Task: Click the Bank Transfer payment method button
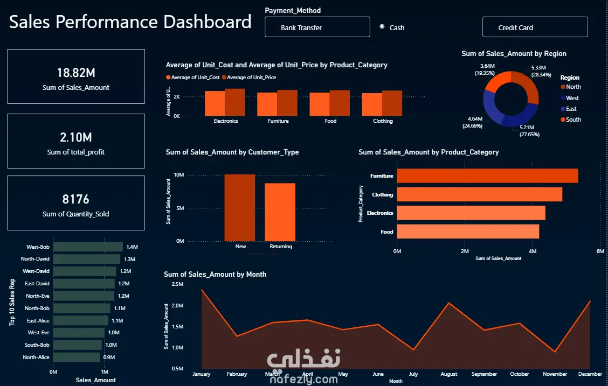pyautogui.click(x=317, y=27)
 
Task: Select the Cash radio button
pyautogui.click(x=382, y=27)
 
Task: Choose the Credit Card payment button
pyautogui.click(x=534, y=27)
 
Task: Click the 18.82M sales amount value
pyautogui.click(x=76, y=73)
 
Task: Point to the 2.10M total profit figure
pyautogui.click(x=76, y=137)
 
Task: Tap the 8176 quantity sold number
pyautogui.click(x=76, y=199)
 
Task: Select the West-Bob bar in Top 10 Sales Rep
pyautogui.click(x=88, y=247)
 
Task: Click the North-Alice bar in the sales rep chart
pyautogui.click(x=77, y=357)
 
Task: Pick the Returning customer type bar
pyautogui.click(x=280, y=212)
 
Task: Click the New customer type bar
pyautogui.click(x=240, y=208)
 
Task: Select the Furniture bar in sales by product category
pyautogui.click(x=487, y=176)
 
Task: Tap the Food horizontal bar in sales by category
pyautogui.click(x=468, y=231)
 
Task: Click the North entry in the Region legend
pyautogui.click(x=573, y=87)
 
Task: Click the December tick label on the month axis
pyautogui.click(x=590, y=374)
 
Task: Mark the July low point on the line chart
pyautogui.click(x=413, y=350)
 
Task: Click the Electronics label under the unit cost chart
pyautogui.click(x=225, y=121)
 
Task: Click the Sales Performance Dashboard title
pyautogui.click(x=130, y=22)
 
